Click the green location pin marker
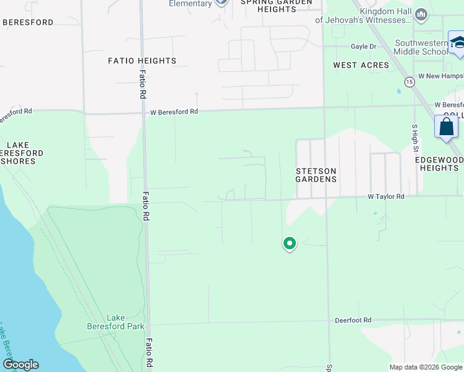289,243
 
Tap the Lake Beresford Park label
125,322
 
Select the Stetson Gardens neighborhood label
316,175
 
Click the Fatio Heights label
142,61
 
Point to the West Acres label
361,65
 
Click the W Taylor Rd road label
386,196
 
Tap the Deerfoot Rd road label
352,320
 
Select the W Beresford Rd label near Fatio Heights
174,112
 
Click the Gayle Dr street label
364,46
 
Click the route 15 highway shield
409,82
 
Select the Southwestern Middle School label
421,48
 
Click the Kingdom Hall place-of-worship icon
421,14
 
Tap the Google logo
20,365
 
